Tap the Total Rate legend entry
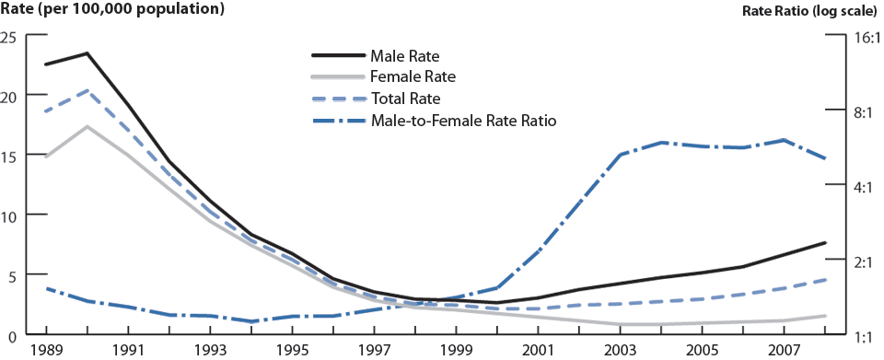(x=406, y=99)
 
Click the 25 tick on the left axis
(x=9, y=37)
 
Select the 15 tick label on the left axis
(x=9, y=156)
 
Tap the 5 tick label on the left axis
(x=13, y=274)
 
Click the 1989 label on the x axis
(x=45, y=351)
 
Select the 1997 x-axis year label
(x=373, y=351)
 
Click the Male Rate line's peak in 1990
(x=87, y=53)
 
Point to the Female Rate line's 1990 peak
(x=87, y=126)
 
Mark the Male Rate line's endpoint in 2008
(x=825, y=242)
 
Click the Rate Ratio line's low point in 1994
(x=250, y=321)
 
